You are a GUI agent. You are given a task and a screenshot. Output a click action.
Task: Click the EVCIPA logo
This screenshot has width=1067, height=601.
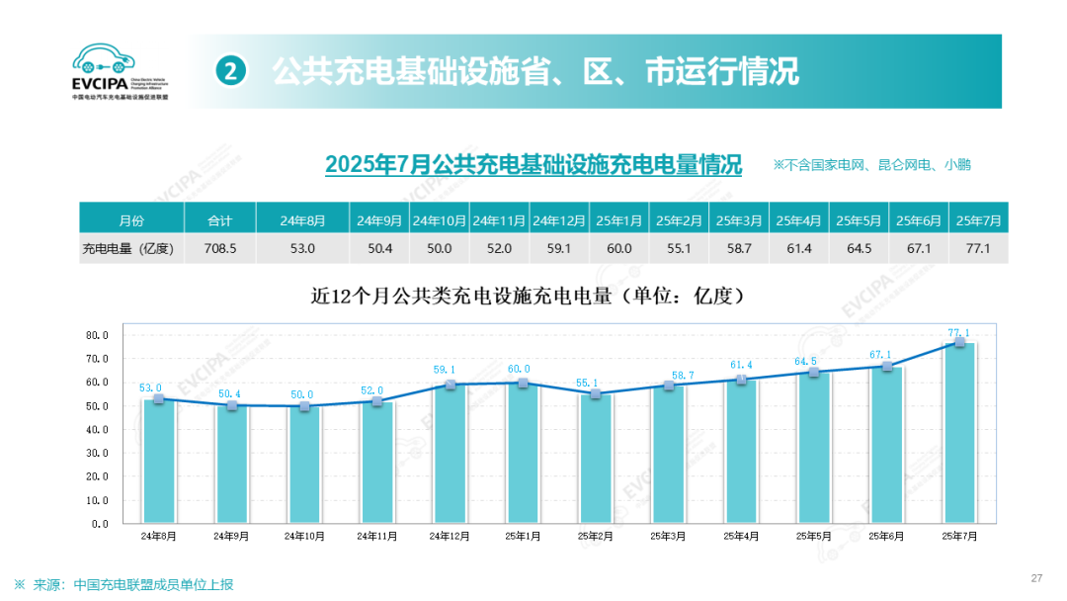pyautogui.click(x=120, y=71)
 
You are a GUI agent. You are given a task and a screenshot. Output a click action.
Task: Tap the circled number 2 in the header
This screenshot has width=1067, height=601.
pyautogui.click(x=230, y=71)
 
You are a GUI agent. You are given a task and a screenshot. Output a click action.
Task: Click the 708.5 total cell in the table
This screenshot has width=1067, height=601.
pyautogui.click(x=219, y=248)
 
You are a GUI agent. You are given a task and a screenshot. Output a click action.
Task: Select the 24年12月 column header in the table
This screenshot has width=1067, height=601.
pyautogui.click(x=559, y=219)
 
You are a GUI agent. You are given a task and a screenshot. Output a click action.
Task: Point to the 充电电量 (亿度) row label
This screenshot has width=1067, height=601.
pyautogui.click(x=127, y=248)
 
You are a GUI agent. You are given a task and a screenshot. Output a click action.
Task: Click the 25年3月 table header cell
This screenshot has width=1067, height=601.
pyautogui.click(x=739, y=219)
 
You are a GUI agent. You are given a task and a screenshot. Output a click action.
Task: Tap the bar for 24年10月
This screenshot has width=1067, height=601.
pyautogui.click(x=305, y=464)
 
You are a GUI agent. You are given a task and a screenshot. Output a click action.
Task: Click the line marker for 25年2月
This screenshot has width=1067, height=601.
pyautogui.click(x=596, y=393)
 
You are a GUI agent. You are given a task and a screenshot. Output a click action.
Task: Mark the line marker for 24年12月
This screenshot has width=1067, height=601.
pyautogui.click(x=451, y=384)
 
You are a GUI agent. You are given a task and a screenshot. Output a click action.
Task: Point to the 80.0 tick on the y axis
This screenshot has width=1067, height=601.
pyautogui.click(x=97, y=335)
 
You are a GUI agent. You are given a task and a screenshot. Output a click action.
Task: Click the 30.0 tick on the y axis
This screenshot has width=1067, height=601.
pyautogui.click(x=97, y=454)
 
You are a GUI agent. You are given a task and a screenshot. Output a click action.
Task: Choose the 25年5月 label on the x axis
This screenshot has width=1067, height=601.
pyautogui.click(x=813, y=536)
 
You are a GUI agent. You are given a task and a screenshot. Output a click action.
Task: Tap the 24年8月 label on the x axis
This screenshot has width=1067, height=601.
pyautogui.click(x=159, y=536)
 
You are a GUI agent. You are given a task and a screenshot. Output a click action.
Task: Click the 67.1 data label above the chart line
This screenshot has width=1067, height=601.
pyautogui.click(x=880, y=354)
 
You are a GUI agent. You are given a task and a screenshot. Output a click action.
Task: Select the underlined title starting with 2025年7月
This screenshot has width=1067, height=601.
pyautogui.click(x=533, y=164)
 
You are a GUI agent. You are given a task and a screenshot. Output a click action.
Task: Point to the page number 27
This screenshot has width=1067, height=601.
pyautogui.click(x=1036, y=578)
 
